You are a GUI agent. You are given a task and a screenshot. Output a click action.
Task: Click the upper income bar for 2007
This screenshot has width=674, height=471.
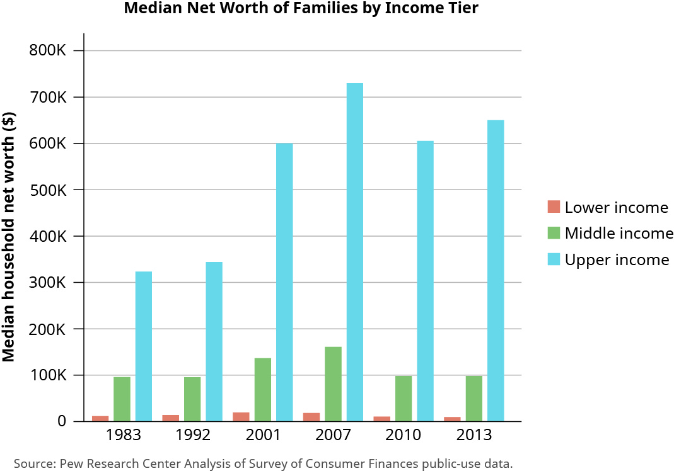coord(354,252)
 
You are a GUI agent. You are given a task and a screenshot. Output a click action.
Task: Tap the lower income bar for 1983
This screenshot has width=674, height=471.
coord(100,418)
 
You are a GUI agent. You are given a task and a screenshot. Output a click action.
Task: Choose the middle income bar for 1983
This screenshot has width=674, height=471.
coord(122,399)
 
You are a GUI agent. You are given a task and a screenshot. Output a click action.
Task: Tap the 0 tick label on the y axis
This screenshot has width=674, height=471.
coord(61,421)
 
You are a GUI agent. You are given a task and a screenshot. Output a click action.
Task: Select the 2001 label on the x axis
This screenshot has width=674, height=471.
coord(264,434)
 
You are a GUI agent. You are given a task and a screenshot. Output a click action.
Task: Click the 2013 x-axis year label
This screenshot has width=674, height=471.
coord(475,434)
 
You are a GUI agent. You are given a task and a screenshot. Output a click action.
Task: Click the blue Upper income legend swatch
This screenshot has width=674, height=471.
coord(554,259)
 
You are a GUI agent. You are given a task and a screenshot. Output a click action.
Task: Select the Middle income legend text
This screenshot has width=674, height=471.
coord(619,234)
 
